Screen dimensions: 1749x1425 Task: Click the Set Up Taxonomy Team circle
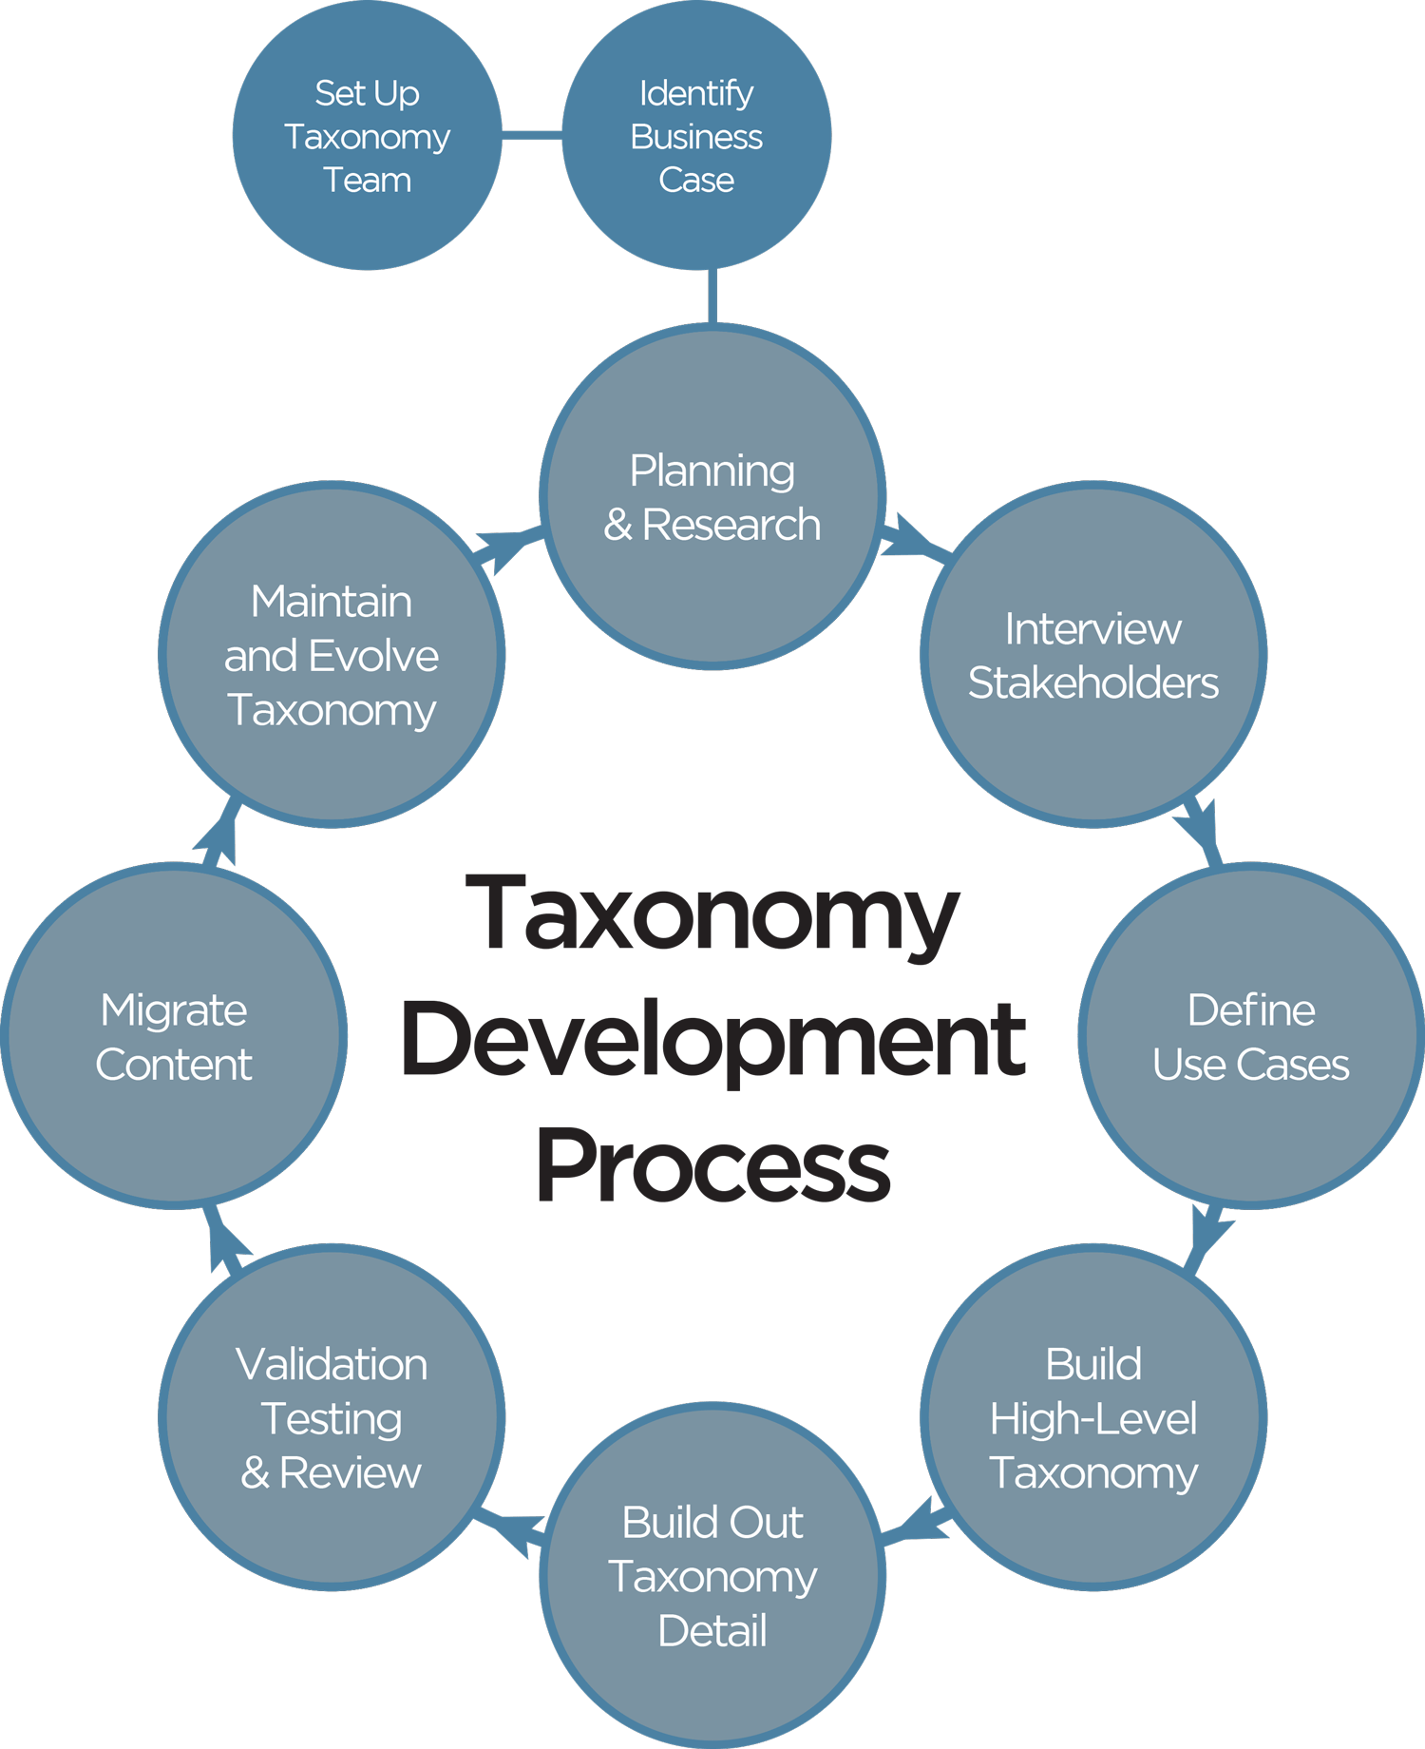(x=367, y=136)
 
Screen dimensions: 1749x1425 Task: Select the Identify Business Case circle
(x=696, y=136)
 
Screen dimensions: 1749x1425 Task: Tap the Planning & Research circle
(x=712, y=497)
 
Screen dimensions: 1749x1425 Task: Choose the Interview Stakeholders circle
(x=1092, y=655)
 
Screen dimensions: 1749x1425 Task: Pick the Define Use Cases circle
(x=1250, y=1036)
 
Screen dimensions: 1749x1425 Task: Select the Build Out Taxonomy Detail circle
(x=712, y=1575)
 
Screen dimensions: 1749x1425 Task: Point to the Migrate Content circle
(x=174, y=1036)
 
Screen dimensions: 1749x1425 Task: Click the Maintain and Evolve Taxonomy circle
(x=332, y=655)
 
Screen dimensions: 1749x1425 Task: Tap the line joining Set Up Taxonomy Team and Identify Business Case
(x=532, y=137)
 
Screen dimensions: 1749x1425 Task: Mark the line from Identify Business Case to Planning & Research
(x=712, y=297)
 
